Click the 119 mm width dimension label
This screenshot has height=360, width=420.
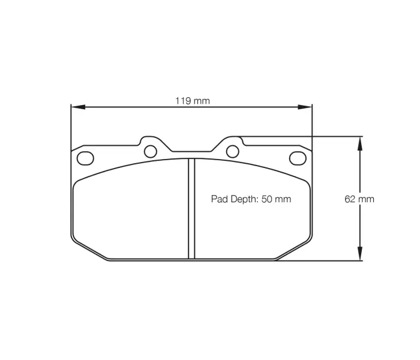tap(192, 101)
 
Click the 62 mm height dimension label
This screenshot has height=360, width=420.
tap(359, 199)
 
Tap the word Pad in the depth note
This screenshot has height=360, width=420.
tap(218, 199)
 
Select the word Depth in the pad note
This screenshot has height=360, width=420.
tap(243, 199)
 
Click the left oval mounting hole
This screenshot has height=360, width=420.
tap(86, 158)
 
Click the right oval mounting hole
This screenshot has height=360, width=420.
tap(297, 158)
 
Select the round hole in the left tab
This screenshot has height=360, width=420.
tap(151, 150)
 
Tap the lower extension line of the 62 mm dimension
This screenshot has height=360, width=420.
tap(324, 261)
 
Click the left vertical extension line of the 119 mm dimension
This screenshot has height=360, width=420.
tap(71, 126)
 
